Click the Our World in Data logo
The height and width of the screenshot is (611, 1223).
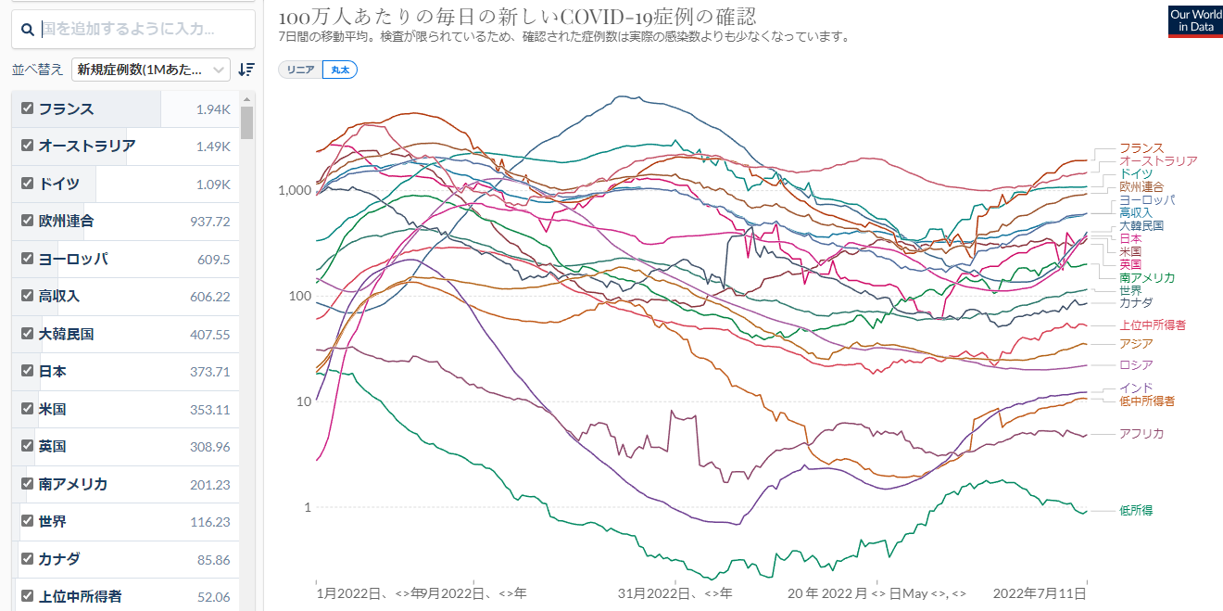(x=1194, y=21)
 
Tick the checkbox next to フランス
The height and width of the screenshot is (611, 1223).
(x=27, y=108)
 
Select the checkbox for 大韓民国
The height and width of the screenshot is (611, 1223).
(x=27, y=334)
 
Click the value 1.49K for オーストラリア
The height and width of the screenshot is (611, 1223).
(x=212, y=146)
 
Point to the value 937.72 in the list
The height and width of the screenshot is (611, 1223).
(x=209, y=222)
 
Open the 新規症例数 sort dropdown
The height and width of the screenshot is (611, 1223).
(x=152, y=70)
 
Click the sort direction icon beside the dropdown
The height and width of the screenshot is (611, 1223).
(x=246, y=70)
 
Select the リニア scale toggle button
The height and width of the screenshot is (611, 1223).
(x=300, y=70)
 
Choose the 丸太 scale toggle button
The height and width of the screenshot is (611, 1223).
(x=340, y=70)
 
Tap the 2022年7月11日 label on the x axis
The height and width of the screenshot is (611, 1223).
(x=1040, y=592)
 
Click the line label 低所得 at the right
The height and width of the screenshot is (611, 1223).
(x=1136, y=510)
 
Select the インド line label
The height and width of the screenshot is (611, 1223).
(x=1136, y=388)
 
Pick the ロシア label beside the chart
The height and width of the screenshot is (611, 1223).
(x=1136, y=365)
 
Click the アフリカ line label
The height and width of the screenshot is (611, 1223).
(x=1141, y=434)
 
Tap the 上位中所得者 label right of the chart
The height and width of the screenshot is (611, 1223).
(x=1153, y=325)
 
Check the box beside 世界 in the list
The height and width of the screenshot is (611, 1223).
(x=27, y=521)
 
